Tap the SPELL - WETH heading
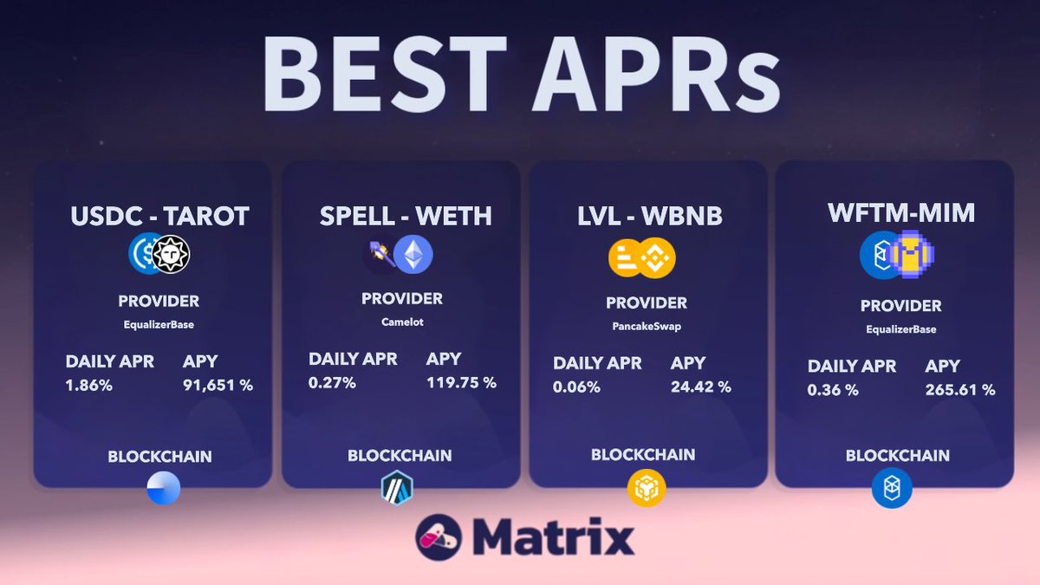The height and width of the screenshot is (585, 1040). [406, 216]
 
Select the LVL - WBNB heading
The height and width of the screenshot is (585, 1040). [649, 216]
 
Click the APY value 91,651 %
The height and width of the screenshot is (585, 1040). [218, 385]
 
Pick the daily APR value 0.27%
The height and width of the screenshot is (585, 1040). [332, 382]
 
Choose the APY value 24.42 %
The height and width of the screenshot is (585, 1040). [700, 387]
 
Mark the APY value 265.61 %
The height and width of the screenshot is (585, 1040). [960, 390]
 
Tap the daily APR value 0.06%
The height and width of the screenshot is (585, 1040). [576, 387]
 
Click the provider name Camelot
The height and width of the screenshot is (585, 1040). [402, 322]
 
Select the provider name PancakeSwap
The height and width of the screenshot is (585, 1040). [647, 326]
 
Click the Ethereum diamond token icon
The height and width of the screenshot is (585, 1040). [413, 255]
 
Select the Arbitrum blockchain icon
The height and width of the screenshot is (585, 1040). [397, 488]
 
